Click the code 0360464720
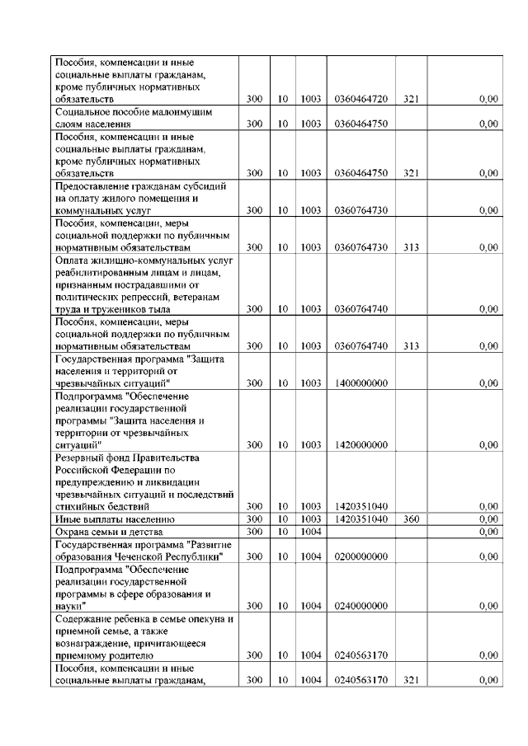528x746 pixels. [361, 99]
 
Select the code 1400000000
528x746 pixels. [361, 383]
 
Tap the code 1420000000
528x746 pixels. [361, 445]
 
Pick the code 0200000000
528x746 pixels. [361, 557]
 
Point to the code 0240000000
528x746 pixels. [361, 607]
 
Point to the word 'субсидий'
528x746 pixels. [197, 185]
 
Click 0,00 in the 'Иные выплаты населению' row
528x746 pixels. [488, 520]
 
